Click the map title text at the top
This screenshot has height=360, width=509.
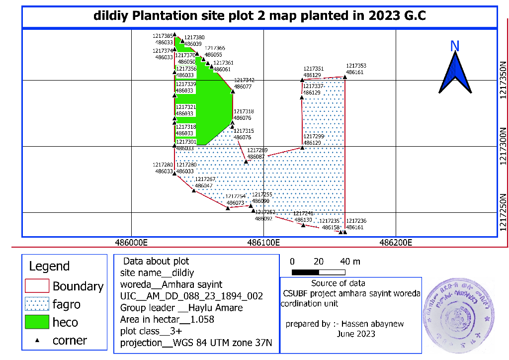(259, 16)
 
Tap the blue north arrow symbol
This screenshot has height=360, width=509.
(455, 74)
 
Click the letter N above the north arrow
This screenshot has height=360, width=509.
(454, 46)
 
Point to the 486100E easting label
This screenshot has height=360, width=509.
(264, 243)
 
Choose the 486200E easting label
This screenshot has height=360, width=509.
(396, 243)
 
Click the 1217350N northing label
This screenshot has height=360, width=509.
(503, 80)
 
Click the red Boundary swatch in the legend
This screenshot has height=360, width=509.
(37, 286)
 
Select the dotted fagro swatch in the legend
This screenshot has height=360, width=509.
(37, 304)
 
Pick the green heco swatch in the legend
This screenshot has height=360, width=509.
(37, 322)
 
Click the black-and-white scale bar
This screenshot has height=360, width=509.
(319, 272)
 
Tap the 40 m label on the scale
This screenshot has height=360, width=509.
(350, 262)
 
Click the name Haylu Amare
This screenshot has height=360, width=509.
(217, 308)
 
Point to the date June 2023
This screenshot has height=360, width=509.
(356, 334)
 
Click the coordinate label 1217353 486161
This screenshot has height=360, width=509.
(356, 69)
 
